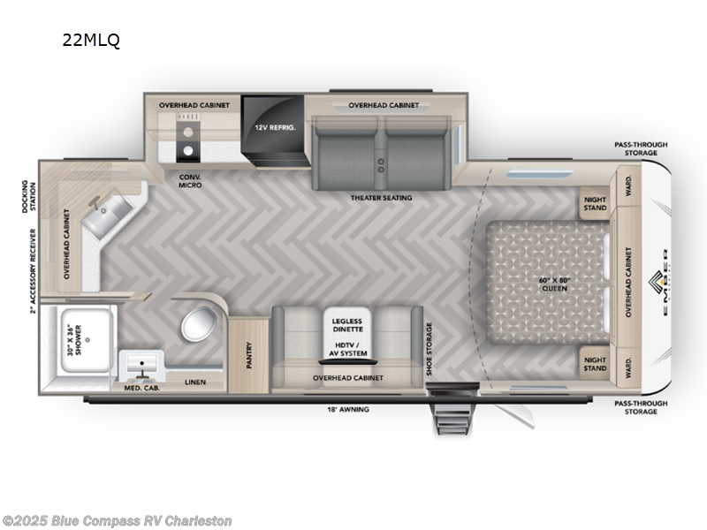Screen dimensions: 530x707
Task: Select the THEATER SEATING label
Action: coord(381,198)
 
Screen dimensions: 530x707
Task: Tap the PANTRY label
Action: coord(248,353)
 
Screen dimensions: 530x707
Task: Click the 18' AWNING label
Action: coord(348,410)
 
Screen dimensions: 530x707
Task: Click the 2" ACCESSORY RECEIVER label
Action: coord(33,270)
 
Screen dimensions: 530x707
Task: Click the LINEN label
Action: coord(196,382)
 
